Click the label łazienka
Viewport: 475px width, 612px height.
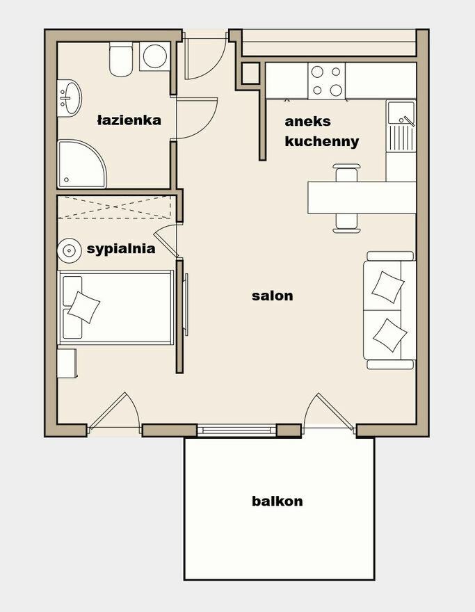(129, 120)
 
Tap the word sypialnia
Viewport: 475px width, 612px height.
(121, 249)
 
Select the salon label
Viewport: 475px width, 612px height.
(273, 296)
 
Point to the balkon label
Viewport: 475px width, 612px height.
(277, 501)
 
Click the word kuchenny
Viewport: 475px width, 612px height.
(322, 141)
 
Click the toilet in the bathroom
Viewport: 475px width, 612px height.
(121, 59)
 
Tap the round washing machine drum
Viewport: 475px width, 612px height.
(155, 56)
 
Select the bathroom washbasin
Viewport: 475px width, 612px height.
(70, 98)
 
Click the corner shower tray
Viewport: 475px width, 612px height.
(81, 163)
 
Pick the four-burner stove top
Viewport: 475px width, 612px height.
(327, 81)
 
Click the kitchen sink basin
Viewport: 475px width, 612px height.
(401, 113)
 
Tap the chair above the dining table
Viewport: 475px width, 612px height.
(346, 172)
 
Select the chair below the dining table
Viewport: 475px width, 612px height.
(346, 223)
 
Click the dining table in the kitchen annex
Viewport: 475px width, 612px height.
(362, 198)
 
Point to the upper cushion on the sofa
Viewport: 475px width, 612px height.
(387, 287)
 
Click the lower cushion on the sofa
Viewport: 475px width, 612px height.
(390, 335)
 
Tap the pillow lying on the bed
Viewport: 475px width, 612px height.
(84, 307)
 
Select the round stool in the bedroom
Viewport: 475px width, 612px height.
(69, 250)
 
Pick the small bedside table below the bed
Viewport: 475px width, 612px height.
(67, 363)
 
